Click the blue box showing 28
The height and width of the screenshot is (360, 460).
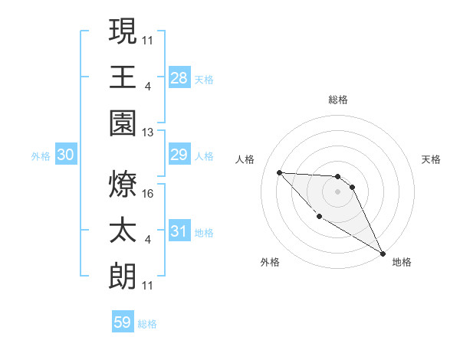click(x=179, y=78)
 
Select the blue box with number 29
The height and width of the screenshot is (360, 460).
click(x=179, y=155)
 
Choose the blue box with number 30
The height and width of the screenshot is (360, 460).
click(x=66, y=155)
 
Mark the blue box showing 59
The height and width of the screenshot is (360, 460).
click(x=122, y=322)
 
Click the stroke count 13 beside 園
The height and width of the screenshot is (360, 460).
click(x=148, y=132)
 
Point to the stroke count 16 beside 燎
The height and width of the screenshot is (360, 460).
click(x=148, y=195)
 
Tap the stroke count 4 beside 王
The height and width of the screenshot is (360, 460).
click(x=148, y=87)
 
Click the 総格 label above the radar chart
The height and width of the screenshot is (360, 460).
click(x=338, y=100)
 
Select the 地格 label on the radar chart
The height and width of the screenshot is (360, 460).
click(x=402, y=262)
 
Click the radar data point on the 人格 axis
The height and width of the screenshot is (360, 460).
click(x=279, y=172)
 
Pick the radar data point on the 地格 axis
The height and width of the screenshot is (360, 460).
click(x=383, y=253)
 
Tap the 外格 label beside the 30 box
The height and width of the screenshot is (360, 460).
click(x=41, y=156)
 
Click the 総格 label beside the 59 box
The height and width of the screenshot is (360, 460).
click(x=147, y=324)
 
